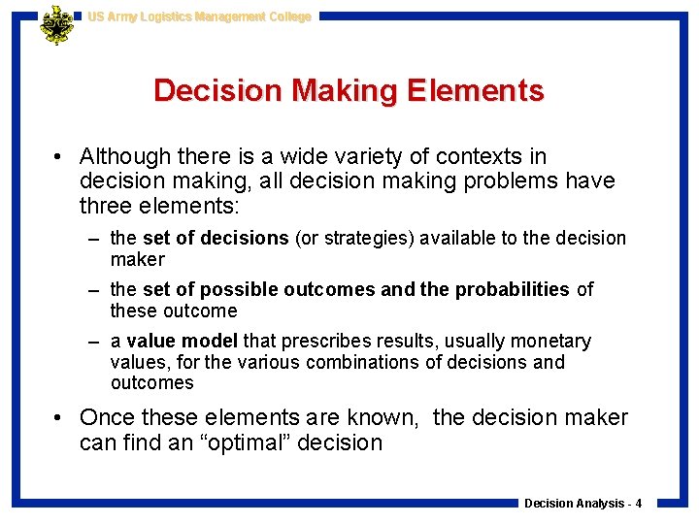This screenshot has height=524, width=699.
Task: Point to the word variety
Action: point(359,156)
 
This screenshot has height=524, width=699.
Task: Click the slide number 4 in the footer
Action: point(639,504)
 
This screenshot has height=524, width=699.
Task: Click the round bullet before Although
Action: point(60,156)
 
